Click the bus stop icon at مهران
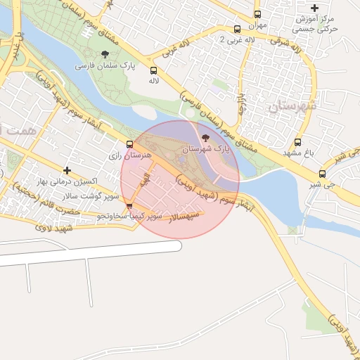[257, 14]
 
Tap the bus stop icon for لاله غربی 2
[237, 30]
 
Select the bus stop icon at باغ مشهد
[298, 142]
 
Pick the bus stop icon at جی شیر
[323, 174]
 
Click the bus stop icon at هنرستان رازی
[129, 144]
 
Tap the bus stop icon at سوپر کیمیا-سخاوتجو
[129, 206]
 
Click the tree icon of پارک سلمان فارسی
[105, 54]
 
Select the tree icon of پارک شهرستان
[205, 138]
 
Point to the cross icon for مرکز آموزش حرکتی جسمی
[315, 8]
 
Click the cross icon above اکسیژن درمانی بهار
[67, 170]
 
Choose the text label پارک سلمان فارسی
[105, 66]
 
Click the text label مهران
[257, 25]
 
